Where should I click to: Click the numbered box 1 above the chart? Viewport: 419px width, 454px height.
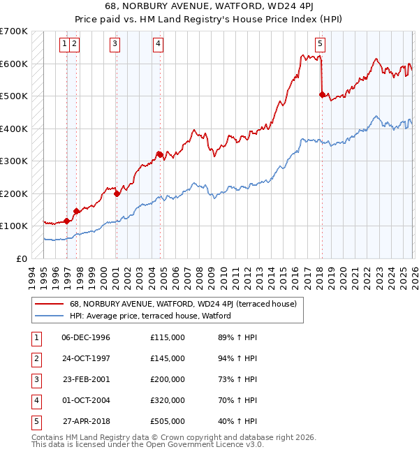pyautogui.click(x=64, y=44)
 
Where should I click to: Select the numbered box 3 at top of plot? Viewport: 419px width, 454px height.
pyautogui.click(x=115, y=44)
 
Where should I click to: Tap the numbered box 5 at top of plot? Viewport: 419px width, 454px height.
pyautogui.click(x=320, y=44)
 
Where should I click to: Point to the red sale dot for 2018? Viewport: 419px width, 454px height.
pyautogui.click(x=322, y=95)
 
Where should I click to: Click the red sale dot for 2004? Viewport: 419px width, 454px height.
pyautogui.click(x=160, y=154)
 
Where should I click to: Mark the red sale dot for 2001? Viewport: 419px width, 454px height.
pyautogui.click(x=117, y=193)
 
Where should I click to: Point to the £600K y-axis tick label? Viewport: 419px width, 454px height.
pyautogui.click(x=13, y=64)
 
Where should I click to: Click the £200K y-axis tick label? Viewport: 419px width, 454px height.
pyautogui.click(x=13, y=193)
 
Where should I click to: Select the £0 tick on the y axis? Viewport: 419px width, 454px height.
pyautogui.click(x=21, y=258)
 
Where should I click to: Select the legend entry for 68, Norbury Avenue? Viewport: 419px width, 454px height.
pyautogui.click(x=183, y=304)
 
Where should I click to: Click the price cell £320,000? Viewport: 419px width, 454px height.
pyautogui.click(x=168, y=400)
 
